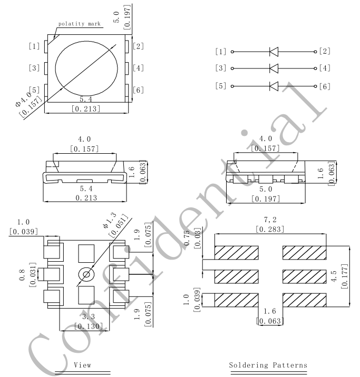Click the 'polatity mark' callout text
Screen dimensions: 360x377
(x=79, y=24)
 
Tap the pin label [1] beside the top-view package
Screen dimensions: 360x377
(x=34, y=46)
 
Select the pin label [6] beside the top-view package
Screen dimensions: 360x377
(x=139, y=90)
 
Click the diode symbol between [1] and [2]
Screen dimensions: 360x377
(x=274, y=52)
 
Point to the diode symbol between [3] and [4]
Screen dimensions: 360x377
(x=274, y=68)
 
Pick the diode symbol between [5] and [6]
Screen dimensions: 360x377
(x=274, y=86)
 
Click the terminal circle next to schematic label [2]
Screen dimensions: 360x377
(x=315, y=52)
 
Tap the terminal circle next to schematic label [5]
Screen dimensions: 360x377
(x=232, y=86)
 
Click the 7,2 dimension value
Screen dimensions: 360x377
(x=270, y=220)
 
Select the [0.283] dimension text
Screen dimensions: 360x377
(x=270, y=229)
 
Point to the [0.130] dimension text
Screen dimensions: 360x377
(x=89, y=326)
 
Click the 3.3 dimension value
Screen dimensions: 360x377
(x=89, y=316)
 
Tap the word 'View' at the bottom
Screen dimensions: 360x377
(x=83, y=365)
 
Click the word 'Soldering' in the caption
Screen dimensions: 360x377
(x=248, y=365)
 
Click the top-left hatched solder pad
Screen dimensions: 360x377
(x=237, y=253)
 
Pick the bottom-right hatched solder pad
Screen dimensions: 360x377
(x=305, y=300)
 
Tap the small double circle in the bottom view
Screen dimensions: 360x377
(x=86, y=274)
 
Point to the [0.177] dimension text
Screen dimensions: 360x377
(x=345, y=276)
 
